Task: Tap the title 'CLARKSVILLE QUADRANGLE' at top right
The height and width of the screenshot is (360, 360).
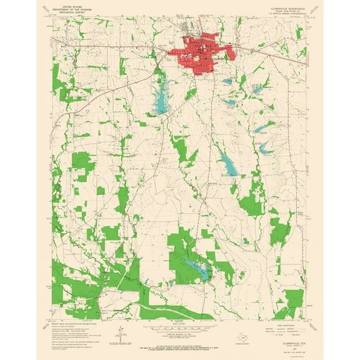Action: (x=287, y=9)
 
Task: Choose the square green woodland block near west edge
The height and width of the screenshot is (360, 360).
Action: (x=81, y=162)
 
